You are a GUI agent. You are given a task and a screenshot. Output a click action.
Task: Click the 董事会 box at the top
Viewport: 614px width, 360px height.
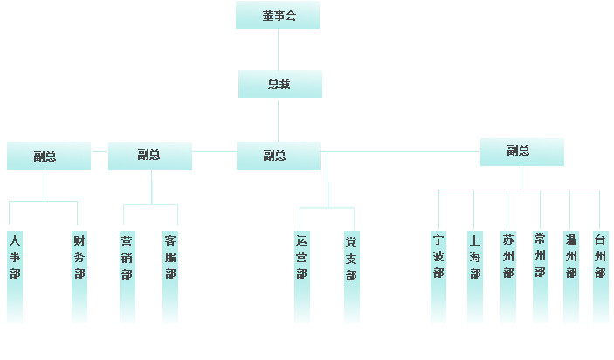click(278, 15)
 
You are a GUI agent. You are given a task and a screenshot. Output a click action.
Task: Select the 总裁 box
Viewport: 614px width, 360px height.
click(280, 84)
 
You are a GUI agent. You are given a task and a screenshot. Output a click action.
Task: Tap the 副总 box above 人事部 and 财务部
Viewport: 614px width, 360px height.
click(49, 156)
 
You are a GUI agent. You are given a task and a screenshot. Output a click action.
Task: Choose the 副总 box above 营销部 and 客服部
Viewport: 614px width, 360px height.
click(150, 156)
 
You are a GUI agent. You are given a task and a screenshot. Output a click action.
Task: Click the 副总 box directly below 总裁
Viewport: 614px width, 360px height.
click(279, 156)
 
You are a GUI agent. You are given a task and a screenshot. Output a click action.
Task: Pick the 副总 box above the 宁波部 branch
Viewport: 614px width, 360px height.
click(522, 152)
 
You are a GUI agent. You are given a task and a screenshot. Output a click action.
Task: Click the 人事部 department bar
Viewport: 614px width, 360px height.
click(15, 277)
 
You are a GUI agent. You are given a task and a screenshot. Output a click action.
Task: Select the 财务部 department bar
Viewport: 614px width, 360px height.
click(79, 277)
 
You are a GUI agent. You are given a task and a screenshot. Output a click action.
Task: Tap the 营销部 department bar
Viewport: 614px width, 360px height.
click(128, 277)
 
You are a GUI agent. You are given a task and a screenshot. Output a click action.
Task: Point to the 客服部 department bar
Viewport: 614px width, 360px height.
click(170, 277)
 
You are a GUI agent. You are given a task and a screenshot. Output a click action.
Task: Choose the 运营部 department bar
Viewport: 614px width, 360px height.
click(302, 277)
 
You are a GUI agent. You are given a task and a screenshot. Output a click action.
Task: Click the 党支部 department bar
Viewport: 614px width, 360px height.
click(352, 277)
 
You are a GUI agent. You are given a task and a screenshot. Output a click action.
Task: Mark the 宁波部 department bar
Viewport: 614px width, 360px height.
click(438, 277)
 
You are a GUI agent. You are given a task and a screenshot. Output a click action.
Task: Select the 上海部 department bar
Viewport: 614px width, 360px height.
click(475, 277)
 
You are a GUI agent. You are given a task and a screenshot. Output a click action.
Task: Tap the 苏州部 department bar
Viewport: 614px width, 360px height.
click(508, 277)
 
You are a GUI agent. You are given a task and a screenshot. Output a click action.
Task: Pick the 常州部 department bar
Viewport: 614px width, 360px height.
click(541, 277)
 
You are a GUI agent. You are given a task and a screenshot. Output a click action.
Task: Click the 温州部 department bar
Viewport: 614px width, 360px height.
click(571, 277)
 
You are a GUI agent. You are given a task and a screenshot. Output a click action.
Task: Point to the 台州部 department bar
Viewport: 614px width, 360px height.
click(601, 277)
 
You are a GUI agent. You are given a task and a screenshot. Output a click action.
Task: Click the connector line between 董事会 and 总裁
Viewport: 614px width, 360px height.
click(278, 49)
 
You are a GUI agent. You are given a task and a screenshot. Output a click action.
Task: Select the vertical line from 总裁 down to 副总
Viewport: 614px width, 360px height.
click(278, 121)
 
